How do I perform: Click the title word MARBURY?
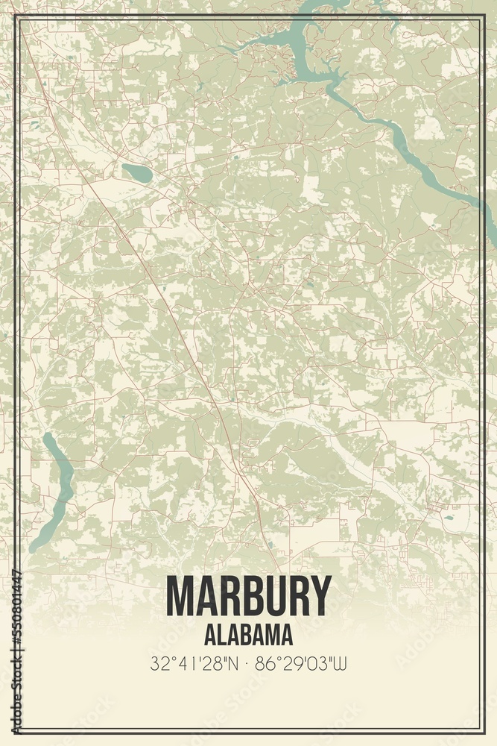click(248, 597)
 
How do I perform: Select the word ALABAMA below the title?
click(248, 635)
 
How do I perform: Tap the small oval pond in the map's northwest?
click(137, 173)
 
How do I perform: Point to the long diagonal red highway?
click(171, 313)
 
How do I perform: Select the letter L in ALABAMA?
click(222, 635)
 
